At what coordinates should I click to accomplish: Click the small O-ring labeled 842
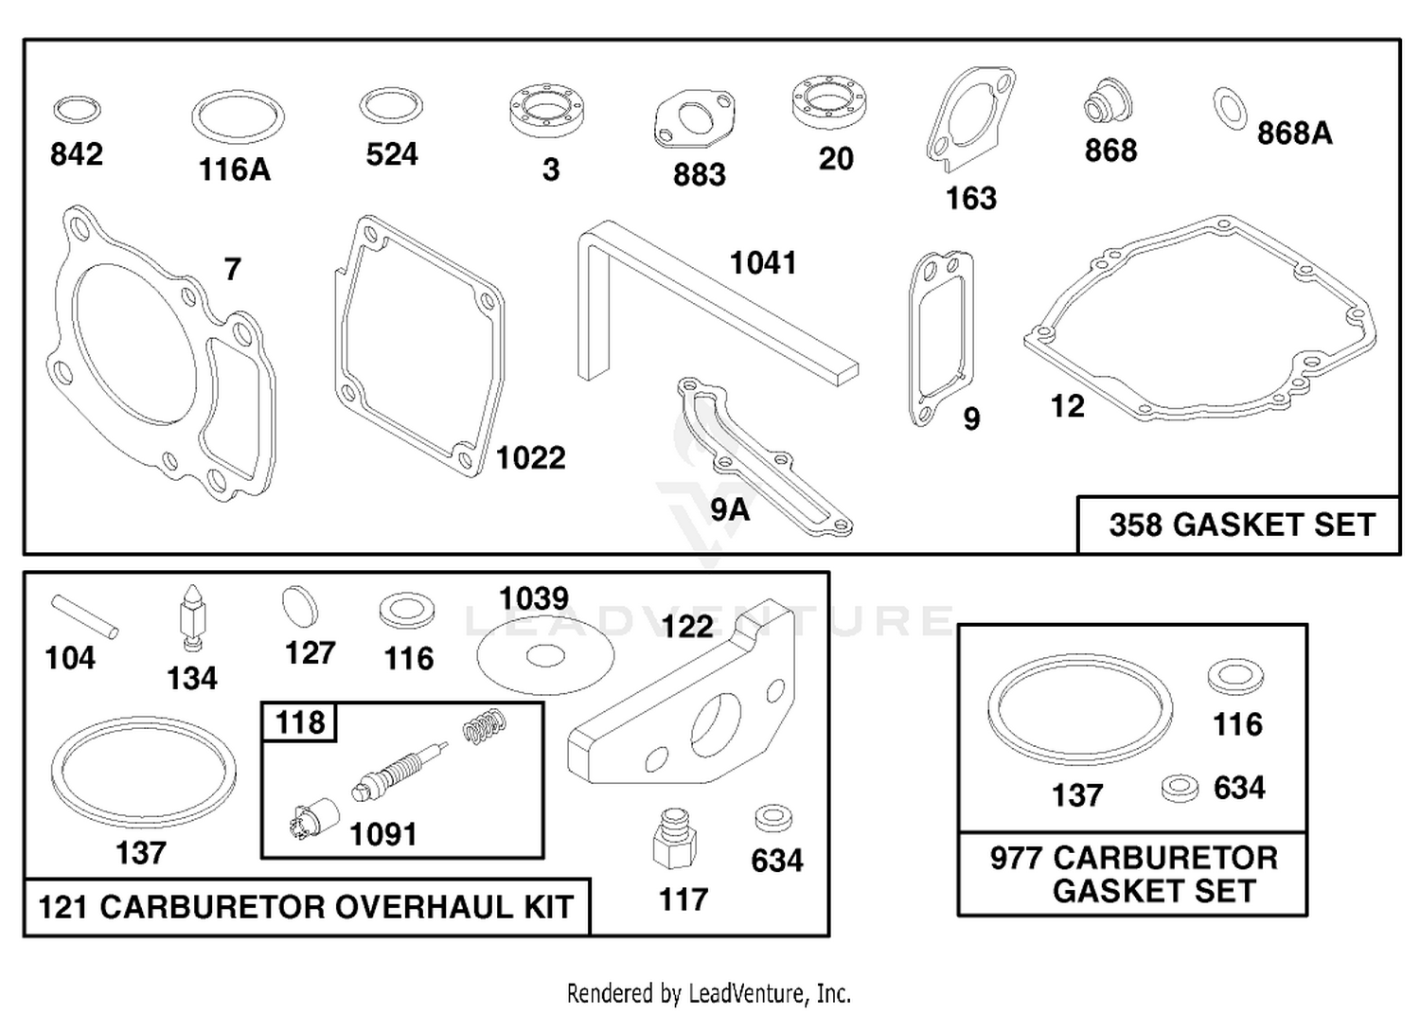(x=77, y=101)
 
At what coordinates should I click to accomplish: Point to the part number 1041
(x=763, y=262)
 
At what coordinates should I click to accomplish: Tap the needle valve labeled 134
(x=192, y=617)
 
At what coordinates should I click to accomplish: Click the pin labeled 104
(x=84, y=615)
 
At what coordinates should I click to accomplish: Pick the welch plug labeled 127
(x=300, y=606)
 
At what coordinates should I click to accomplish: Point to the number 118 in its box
(x=300, y=722)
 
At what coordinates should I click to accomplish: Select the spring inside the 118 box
(x=485, y=727)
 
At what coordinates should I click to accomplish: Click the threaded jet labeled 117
(x=674, y=839)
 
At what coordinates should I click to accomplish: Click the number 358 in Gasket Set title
(x=1135, y=525)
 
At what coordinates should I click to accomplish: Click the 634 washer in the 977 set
(x=1180, y=789)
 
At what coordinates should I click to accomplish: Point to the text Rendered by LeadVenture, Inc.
(x=709, y=994)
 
